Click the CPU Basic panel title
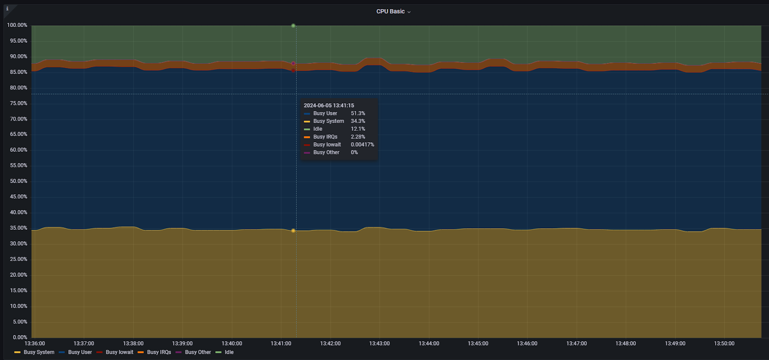coord(390,12)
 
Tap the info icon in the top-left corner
coord(7,9)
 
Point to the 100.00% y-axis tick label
coord(17,25)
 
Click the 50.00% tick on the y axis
coord(19,181)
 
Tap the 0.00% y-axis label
coord(20,337)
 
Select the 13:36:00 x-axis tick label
coord(35,344)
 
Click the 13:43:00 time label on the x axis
coord(379,344)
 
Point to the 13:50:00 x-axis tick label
coord(724,344)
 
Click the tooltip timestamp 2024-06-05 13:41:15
coord(329,106)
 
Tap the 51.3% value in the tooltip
coord(358,113)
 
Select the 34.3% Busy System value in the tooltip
coord(358,121)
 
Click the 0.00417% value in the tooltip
coord(362,145)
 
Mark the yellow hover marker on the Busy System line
coord(293,231)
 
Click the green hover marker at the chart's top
coord(293,25)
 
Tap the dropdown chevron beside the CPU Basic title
coord(409,12)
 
